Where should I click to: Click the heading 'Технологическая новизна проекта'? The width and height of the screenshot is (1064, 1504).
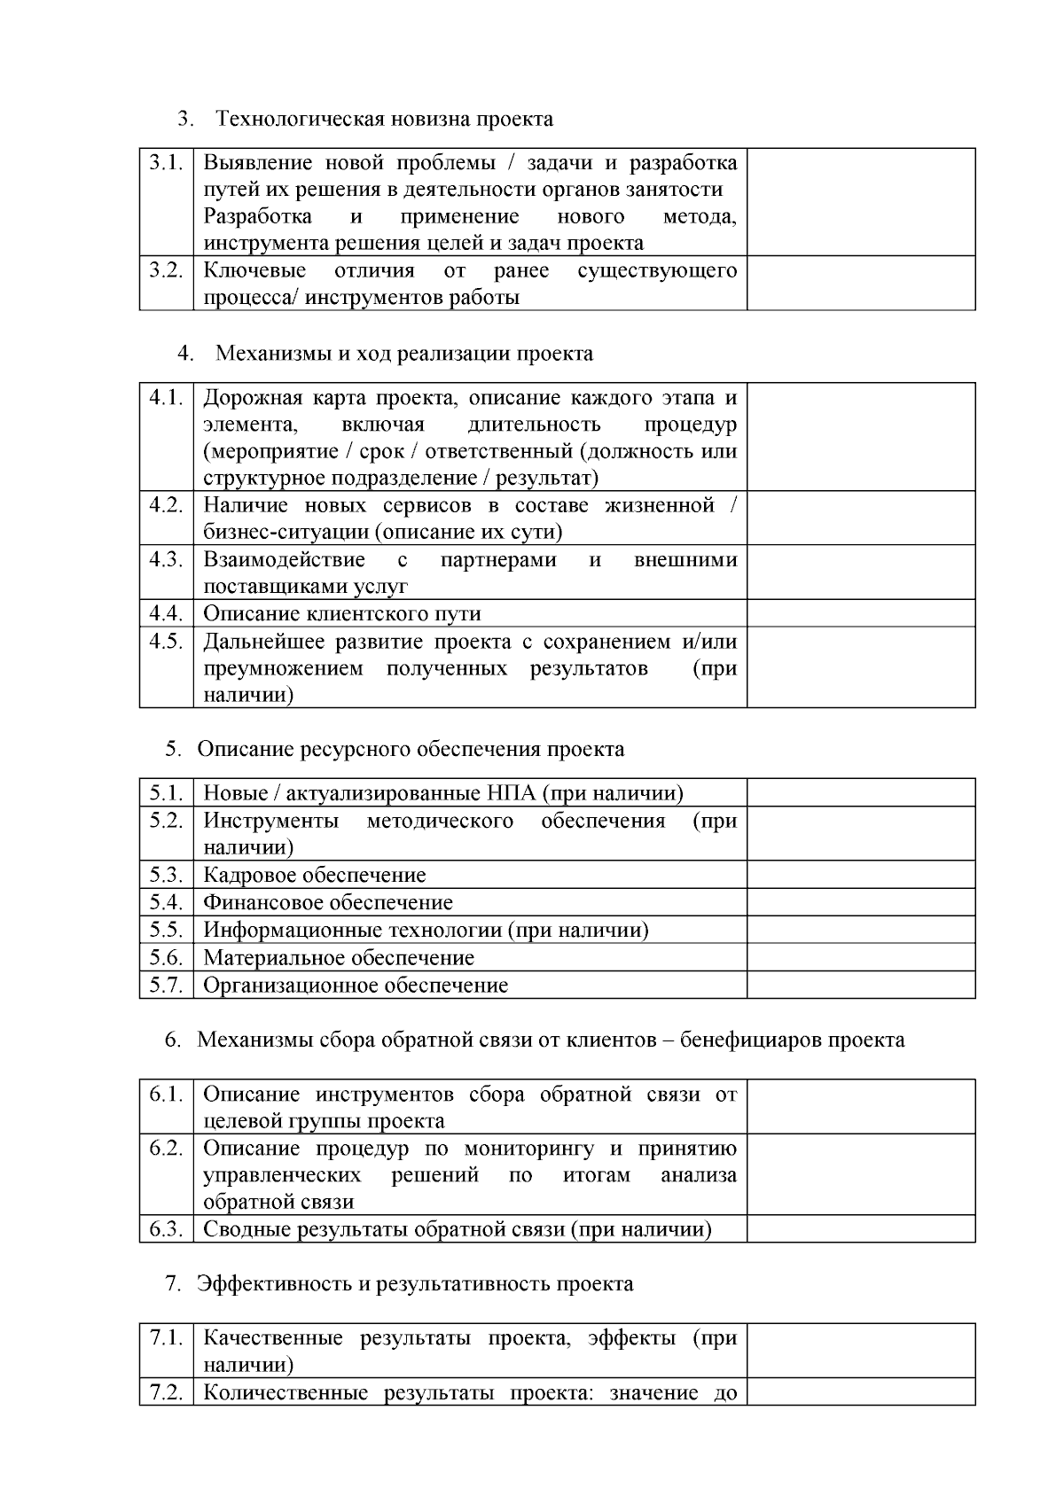pyautogui.click(x=384, y=119)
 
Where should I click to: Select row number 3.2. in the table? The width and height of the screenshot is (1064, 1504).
pyautogui.click(x=166, y=270)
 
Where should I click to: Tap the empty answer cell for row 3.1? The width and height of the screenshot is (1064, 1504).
pyautogui.click(x=860, y=202)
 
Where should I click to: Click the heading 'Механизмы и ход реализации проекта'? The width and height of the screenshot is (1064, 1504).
pyautogui.click(x=403, y=354)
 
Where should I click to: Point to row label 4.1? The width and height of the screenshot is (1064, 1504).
pyautogui.click(x=166, y=397)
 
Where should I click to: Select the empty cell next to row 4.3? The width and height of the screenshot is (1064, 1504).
pyautogui.click(x=860, y=573)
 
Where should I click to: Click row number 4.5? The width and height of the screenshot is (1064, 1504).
pyautogui.click(x=166, y=641)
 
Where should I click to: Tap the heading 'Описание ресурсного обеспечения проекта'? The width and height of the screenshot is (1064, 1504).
pyautogui.click(x=410, y=749)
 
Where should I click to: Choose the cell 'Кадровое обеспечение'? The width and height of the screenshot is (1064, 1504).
pyautogui.click(x=314, y=876)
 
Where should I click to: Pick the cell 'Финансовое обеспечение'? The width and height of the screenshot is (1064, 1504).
pyautogui.click(x=327, y=903)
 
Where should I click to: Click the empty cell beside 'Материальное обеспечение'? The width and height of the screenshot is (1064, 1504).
pyautogui.click(x=860, y=958)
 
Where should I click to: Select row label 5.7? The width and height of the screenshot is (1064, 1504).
pyautogui.click(x=166, y=985)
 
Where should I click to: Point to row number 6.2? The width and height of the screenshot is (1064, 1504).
pyautogui.click(x=166, y=1149)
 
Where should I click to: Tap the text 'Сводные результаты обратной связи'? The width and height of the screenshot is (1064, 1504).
pyautogui.click(x=383, y=1229)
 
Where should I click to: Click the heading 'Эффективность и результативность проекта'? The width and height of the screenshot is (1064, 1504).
pyautogui.click(x=414, y=1283)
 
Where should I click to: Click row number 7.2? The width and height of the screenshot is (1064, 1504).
pyautogui.click(x=166, y=1392)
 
